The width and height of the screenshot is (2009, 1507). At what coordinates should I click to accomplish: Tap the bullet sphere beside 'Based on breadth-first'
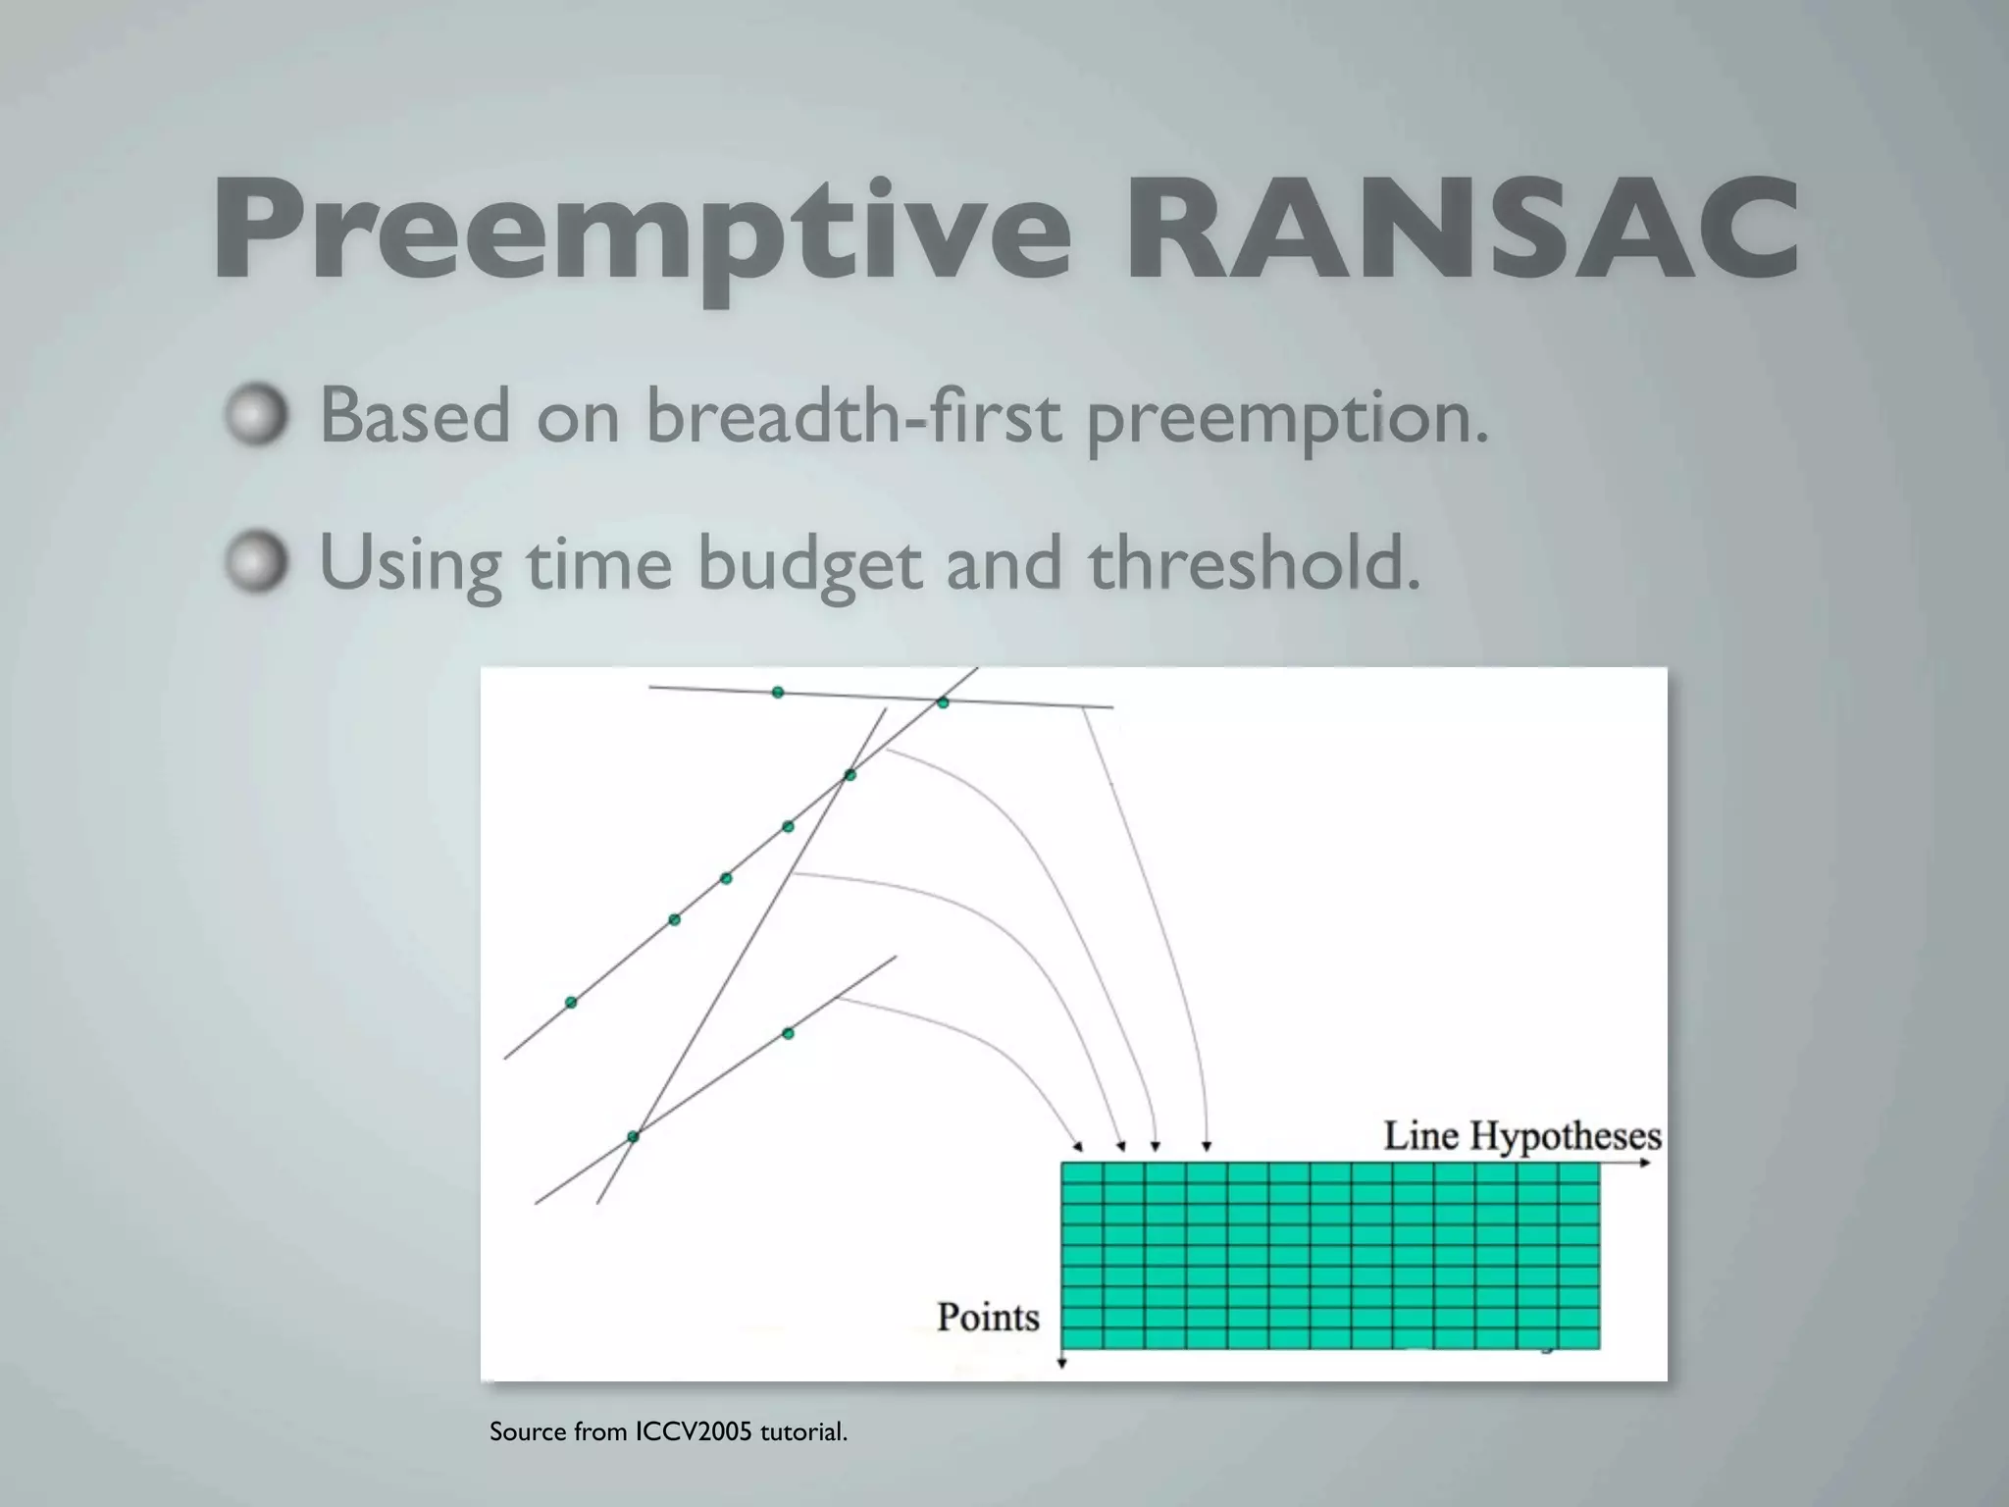point(257,415)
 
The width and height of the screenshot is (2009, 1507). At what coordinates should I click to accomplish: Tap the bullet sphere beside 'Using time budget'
point(257,563)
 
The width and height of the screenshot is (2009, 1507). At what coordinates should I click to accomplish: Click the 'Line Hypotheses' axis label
point(1521,1135)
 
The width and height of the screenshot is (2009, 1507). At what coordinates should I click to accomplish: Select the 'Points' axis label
point(988,1316)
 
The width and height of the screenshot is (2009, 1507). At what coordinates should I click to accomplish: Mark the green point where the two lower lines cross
point(633,1136)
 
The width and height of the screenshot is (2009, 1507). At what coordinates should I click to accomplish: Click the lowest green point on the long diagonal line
point(571,1002)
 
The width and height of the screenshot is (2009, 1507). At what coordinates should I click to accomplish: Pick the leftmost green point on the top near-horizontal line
point(778,693)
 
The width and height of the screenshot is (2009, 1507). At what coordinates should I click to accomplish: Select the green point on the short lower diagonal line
point(788,1033)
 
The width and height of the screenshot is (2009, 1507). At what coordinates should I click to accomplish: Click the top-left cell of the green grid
point(1082,1172)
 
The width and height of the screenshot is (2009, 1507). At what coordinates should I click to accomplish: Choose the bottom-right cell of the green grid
point(1578,1338)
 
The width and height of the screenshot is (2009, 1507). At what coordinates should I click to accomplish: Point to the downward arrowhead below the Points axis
point(1062,1365)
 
